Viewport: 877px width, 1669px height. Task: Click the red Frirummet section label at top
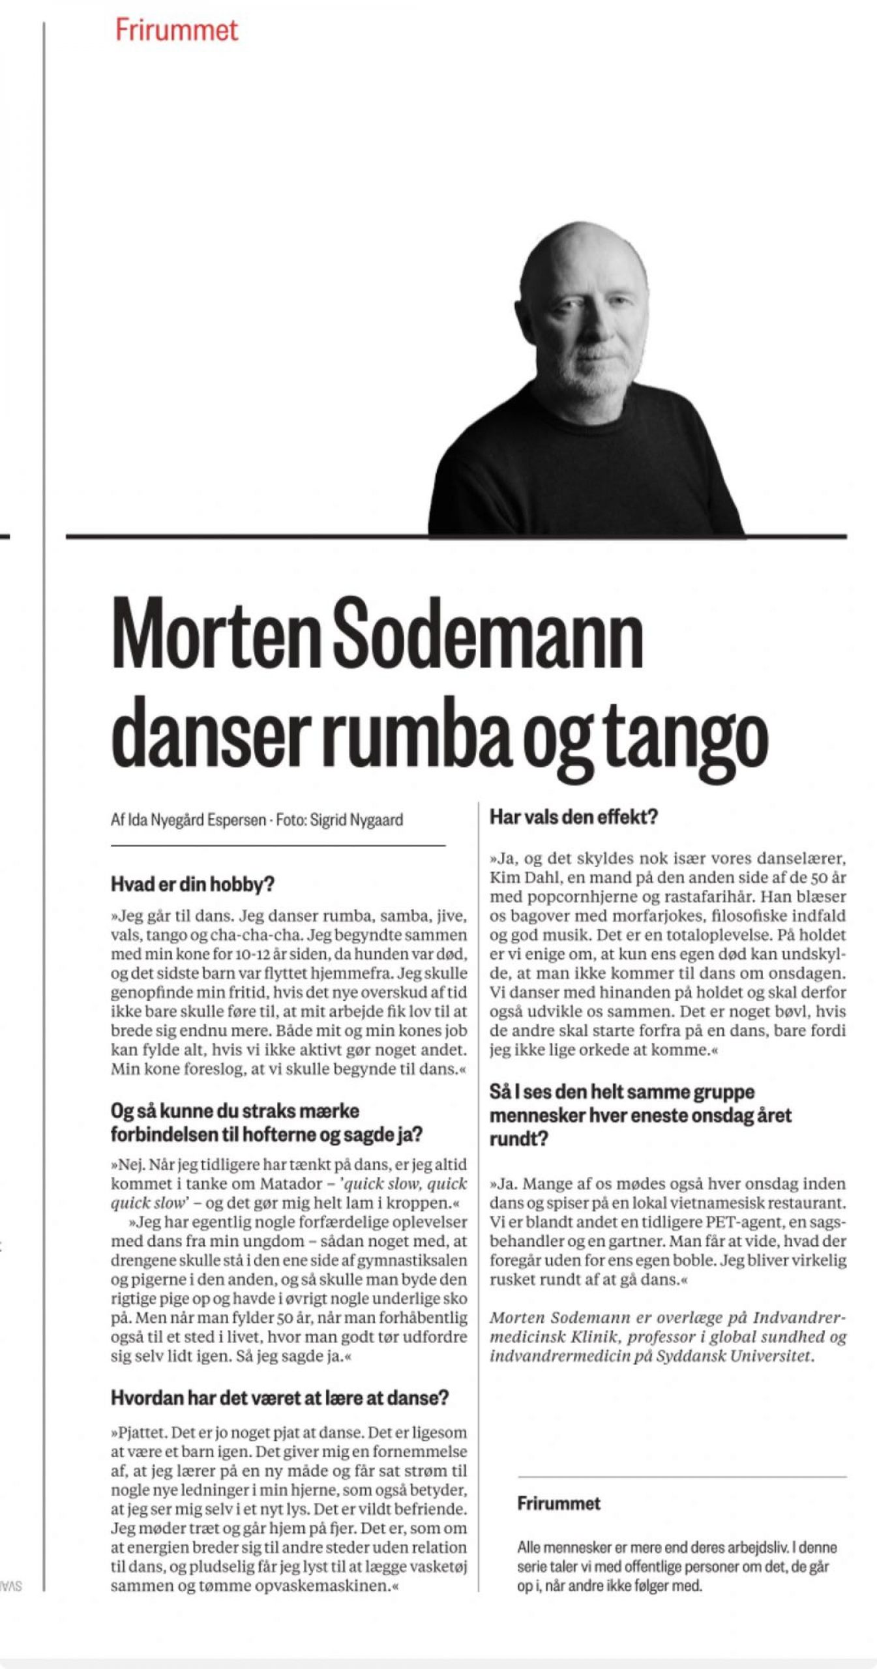[176, 30]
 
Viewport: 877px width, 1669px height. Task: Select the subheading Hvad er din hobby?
[192, 884]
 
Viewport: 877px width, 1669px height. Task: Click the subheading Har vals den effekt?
[574, 816]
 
